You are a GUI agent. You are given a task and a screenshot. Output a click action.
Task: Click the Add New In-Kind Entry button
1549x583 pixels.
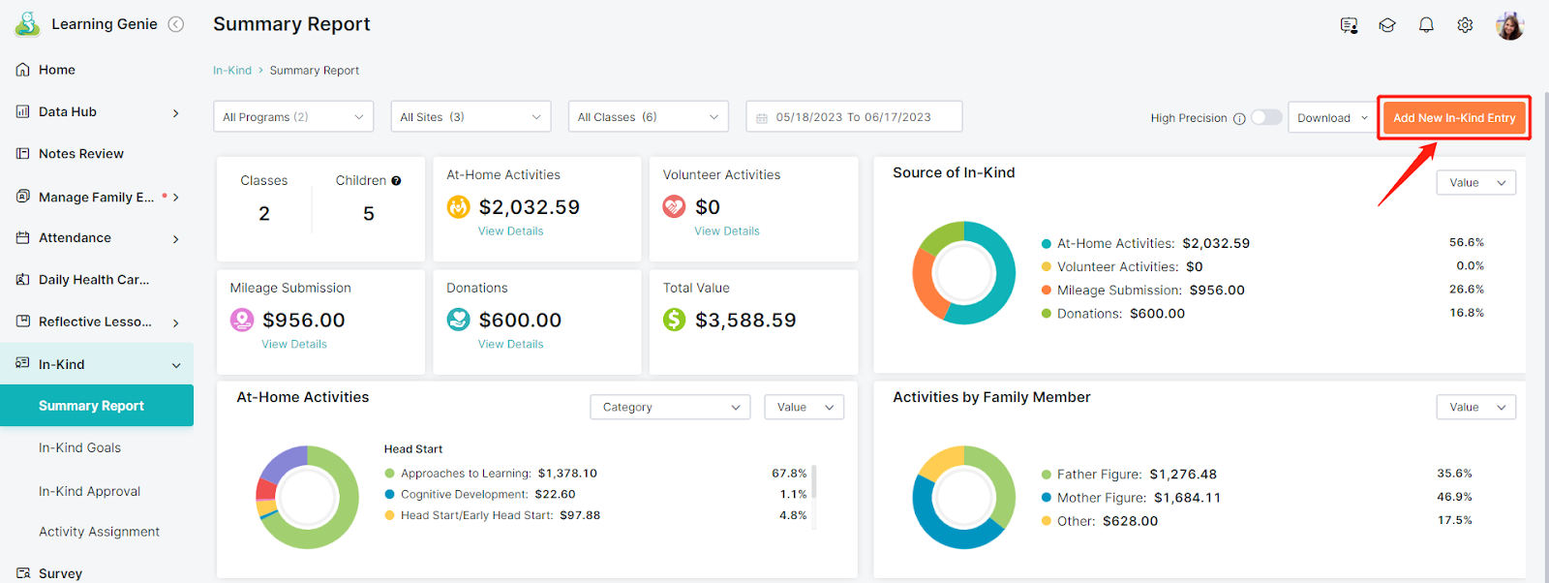(1453, 117)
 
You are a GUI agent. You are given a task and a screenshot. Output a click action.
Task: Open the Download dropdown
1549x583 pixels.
(1332, 117)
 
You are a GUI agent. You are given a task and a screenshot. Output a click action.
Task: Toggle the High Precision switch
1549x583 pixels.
(1266, 117)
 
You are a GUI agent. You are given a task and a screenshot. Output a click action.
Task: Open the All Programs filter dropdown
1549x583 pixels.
(293, 117)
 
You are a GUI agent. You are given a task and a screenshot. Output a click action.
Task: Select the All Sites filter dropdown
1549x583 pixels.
(471, 117)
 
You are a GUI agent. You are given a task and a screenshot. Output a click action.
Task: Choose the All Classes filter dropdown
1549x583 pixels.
(648, 117)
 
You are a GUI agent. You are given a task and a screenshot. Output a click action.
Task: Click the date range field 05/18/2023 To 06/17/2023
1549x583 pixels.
(854, 117)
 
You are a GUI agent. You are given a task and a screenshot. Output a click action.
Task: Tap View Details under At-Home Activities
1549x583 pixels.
(510, 231)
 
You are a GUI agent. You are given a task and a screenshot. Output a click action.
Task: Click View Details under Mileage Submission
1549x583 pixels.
(294, 344)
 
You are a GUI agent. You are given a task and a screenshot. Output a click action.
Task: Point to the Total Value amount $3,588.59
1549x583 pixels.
(745, 320)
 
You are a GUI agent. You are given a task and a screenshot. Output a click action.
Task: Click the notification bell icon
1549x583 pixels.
(1426, 25)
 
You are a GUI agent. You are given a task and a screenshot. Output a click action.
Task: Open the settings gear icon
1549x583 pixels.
(1465, 25)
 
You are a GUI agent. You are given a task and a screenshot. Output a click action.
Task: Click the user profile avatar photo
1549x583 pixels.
(1510, 25)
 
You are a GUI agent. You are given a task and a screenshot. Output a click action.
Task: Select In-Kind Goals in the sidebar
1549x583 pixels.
(79, 447)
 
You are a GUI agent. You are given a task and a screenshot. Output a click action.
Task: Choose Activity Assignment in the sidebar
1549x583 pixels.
(99, 531)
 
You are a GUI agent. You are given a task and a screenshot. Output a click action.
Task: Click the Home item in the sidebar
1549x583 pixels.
(57, 70)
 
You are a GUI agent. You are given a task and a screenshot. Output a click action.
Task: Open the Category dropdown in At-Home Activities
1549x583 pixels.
(669, 408)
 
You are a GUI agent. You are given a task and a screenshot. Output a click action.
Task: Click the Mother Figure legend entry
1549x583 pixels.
(1132, 497)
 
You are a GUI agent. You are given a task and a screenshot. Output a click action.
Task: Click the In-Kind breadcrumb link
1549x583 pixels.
(232, 71)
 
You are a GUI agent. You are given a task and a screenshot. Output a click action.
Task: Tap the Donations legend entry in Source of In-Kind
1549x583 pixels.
(1113, 313)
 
